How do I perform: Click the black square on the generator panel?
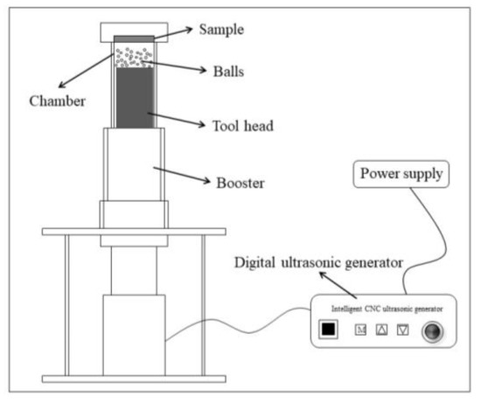click(329, 330)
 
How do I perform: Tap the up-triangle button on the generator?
click(381, 330)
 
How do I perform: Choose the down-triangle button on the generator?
click(403, 330)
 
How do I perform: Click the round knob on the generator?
click(430, 331)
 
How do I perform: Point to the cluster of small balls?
click(135, 56)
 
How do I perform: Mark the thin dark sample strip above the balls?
click(136, 38)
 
